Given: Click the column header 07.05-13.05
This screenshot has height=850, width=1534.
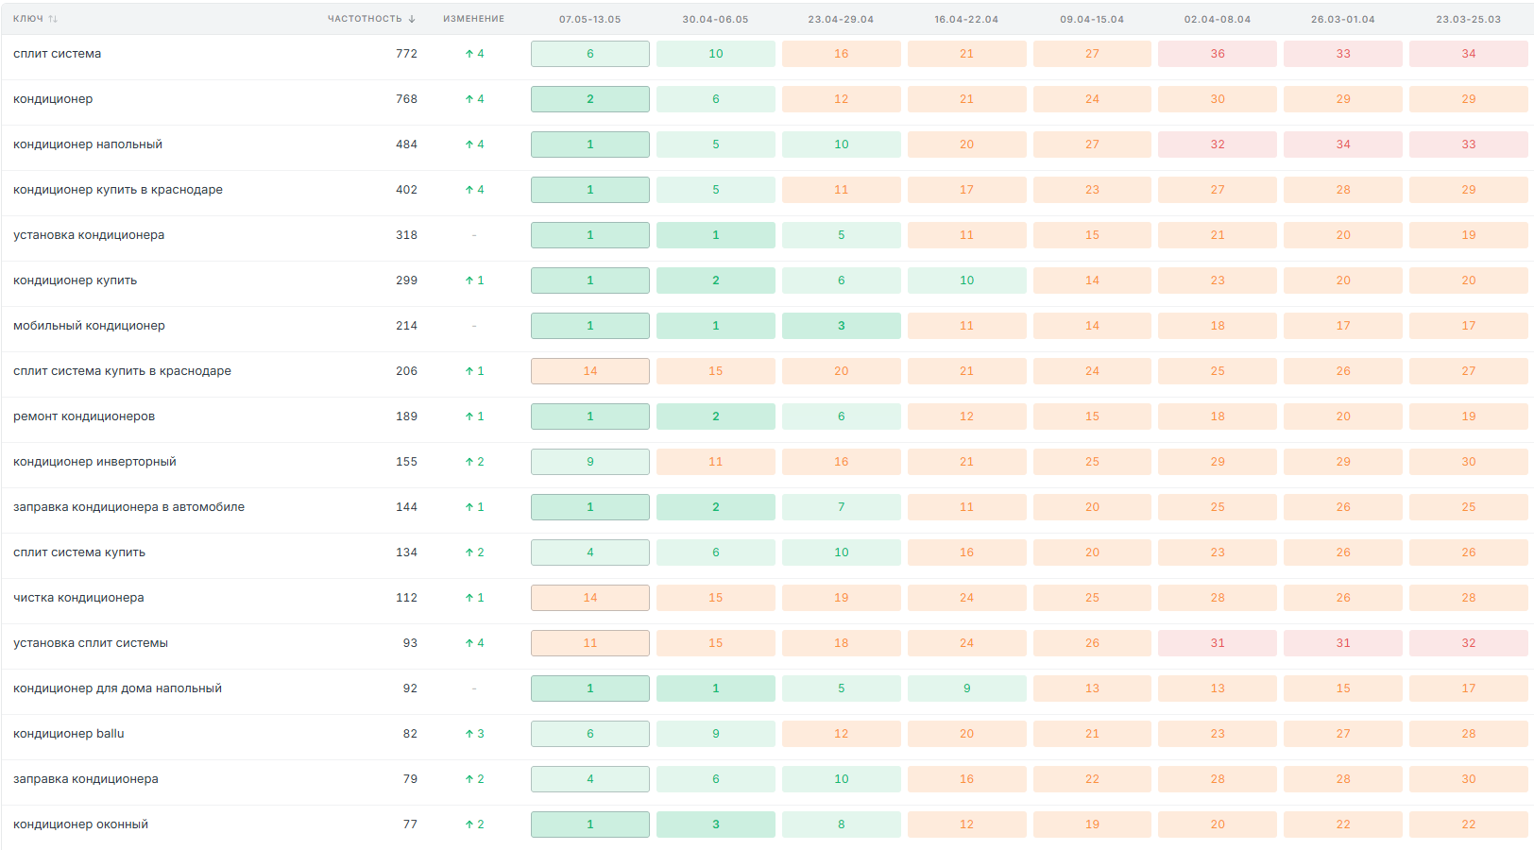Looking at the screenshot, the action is click(x=589, y=19).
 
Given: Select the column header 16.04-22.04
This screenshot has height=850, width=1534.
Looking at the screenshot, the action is click(x=966, y=19).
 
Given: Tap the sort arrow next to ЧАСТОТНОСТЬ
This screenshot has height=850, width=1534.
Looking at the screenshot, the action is click(x=412, y=19).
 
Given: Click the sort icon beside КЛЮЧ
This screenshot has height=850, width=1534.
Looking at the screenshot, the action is click(x=53, y=19).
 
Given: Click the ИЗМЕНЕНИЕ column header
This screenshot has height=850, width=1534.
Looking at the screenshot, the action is click(x=474, y=19).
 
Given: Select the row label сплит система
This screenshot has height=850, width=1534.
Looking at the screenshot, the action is click(x=57, y=54).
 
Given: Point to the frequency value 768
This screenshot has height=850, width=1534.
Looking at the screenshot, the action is click(x=406, y=98).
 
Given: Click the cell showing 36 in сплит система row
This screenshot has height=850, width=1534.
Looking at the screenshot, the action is click(x=1217, y=54).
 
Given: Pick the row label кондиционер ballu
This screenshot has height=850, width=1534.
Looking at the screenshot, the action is click(x=68, y=734).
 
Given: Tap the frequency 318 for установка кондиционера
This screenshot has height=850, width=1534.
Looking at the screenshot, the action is click(x=406, y=235).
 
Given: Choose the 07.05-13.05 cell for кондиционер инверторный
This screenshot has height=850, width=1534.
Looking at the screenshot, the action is click(x=589, y=462).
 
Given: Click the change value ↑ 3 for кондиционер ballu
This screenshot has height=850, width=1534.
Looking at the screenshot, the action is click(x=474, y=734).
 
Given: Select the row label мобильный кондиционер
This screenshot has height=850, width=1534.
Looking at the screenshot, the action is click(x=89, y=325).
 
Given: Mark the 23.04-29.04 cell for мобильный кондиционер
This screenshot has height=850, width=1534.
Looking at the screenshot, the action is click(x=841, y=325).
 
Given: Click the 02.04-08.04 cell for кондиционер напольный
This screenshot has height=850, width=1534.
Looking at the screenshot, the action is click(x=1217, y=144).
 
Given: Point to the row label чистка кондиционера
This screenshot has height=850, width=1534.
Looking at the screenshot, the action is click(x=78, y=597).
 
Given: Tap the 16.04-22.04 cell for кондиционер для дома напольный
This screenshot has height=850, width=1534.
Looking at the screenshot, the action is click(x=966, y=688).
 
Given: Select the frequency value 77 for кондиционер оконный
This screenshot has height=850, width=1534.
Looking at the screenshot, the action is click(x=410, y=824).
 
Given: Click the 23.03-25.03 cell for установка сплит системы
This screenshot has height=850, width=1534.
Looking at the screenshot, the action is click(x=1468, y=643).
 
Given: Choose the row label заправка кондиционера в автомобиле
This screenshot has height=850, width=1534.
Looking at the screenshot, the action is click(x=128, y=507).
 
